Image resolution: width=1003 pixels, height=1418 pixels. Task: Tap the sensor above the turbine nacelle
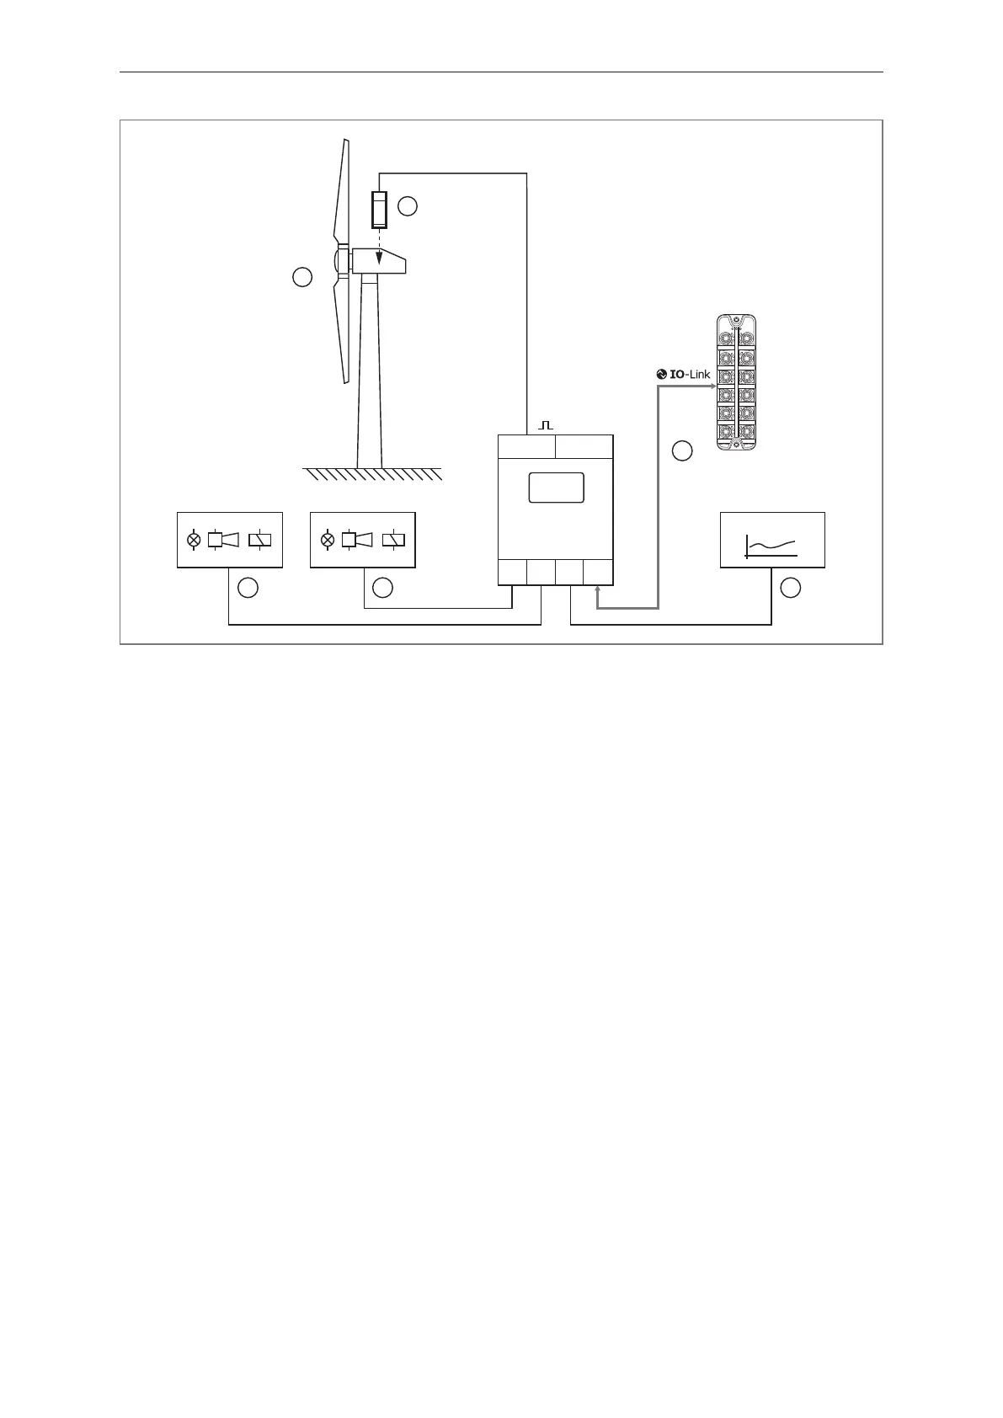coord(379,210)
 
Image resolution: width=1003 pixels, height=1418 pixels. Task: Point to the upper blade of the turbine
coord(341,194)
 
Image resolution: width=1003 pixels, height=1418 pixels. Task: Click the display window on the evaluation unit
coord(556,488)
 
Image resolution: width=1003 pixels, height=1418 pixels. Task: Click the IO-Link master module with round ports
coord(735,382)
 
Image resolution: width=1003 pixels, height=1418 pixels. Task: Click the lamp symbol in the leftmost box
coord(194,539)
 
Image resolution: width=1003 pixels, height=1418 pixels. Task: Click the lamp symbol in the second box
coord(328,539)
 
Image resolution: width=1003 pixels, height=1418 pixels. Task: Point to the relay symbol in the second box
coord(393,539)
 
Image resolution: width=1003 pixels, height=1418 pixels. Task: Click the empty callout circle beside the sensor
coord(408,205)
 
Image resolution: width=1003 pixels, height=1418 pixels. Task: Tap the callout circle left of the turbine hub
coord(302,276)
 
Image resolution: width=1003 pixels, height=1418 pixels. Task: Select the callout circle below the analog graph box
coord(790,589)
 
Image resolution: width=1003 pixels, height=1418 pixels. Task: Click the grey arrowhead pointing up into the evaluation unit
coord(597,592)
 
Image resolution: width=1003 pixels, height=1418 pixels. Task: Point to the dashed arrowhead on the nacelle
coord(379,258)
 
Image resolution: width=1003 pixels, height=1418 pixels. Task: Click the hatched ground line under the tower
coord(372,473)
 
